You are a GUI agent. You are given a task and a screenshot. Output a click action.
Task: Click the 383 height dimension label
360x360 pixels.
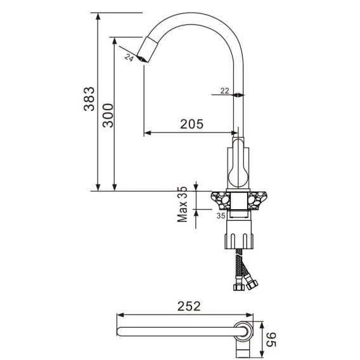click(89, 99)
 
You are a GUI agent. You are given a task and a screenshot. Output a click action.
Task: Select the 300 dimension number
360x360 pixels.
click(108, 116)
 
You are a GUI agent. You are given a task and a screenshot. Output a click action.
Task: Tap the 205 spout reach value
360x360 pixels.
click(191, 124)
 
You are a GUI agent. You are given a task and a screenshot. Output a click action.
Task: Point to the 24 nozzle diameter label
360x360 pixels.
click(129, 58)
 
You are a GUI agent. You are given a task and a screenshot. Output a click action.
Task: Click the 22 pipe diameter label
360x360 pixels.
click(225, 91)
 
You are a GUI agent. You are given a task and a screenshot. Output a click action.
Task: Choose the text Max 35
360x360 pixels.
click(183, 204)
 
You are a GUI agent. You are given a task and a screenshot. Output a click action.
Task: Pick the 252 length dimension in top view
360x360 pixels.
click(189, 306)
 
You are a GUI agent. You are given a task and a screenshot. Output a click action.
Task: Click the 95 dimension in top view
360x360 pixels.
click(271, 339)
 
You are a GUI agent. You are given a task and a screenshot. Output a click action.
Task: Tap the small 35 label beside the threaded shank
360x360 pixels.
click(221, 216)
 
